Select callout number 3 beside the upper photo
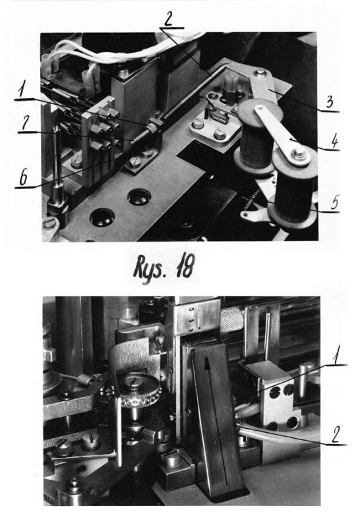pyautogui.click(x=330, y=102)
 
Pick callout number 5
pyautogui.click(x=335, y=203)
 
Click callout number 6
pyautogui.click(x=24, y=178)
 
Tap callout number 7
pyautogui.click(x=25, y=125)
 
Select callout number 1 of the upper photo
pyautogui.click(x=22, y=90)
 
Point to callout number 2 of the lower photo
pyautogui.click(x=336, y=435)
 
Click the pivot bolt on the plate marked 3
pyautogui.click(x=260, y=72)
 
